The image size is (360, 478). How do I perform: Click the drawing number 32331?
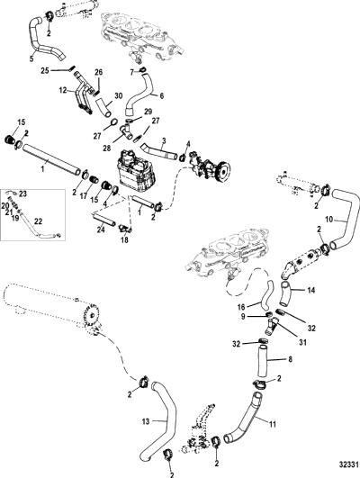click(x=347, y=465)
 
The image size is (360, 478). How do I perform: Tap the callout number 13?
click(x=146, y=421)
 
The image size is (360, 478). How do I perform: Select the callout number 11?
click(x=273, y=424)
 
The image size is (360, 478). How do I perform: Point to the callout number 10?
click(x=329, y=219)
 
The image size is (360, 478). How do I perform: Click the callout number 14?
click(x=310, y=291)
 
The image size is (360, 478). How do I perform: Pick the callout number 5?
click(x=31, y=59)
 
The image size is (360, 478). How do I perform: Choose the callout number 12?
click(x=63, y=91)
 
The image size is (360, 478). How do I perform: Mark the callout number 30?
click(x=118, y=96)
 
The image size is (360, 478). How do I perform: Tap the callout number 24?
click(x=101, y=229)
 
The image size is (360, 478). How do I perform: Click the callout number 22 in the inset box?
click(x=38, y=221)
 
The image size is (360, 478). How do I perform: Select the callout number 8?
click(x=290, y=359)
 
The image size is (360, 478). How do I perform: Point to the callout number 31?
click(x=302, y=342)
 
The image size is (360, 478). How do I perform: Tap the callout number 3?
click(x=164, y=141)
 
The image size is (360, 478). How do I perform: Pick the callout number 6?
click(x=162, y=96)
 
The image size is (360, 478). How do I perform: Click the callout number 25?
click(x=45, y=71)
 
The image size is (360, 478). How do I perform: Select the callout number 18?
click(x=124, y=240)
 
